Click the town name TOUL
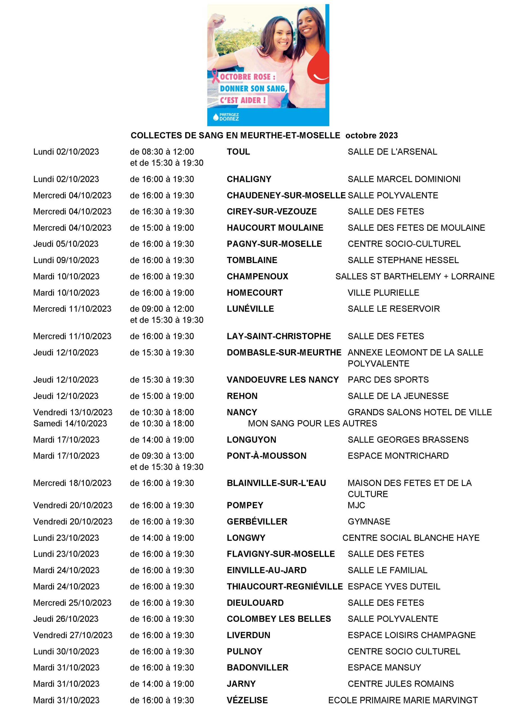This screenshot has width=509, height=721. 238,152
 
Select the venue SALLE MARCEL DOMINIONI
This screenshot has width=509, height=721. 404,179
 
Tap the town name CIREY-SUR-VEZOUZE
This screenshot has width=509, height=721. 272,211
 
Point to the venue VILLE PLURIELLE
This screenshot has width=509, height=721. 383,293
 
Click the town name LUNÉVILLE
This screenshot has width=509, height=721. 250,309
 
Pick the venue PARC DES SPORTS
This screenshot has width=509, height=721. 388,380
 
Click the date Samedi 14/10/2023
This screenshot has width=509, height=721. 70,423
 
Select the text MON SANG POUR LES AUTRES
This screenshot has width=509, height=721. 312,423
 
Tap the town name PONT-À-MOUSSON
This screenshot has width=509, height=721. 267,456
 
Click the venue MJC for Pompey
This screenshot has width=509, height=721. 356,505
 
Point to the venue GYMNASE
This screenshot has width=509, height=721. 369,522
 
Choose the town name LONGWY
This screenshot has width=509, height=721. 246,538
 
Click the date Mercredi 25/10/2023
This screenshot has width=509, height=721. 72,603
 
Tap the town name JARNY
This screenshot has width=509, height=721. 241,684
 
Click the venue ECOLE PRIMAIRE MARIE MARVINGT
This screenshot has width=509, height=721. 403,700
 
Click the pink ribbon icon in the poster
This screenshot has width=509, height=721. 215,76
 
